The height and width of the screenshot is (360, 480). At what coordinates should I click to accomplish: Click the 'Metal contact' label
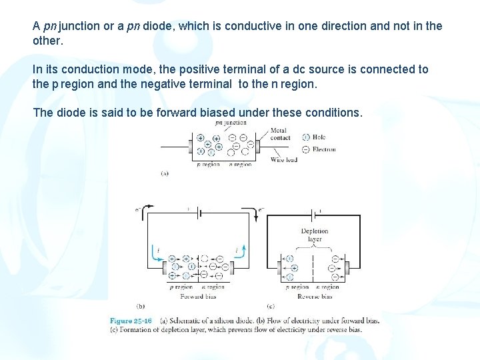tap(280, 134)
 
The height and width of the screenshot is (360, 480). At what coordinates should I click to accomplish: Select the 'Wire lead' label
tap(284, 160)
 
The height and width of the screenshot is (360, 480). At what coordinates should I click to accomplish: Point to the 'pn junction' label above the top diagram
tap(231, 122)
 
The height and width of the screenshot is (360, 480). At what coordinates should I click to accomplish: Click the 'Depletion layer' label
tap(315, 235)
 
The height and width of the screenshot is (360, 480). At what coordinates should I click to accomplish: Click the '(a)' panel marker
tap(164, 173)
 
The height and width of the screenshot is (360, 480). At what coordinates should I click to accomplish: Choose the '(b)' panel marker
tap(141, 307)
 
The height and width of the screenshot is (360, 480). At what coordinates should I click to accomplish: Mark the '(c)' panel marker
tap(271, 307)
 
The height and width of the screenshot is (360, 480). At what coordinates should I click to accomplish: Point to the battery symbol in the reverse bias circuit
tap(315, 213)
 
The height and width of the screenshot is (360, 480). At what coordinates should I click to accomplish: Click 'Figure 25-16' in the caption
tap(131, 321)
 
